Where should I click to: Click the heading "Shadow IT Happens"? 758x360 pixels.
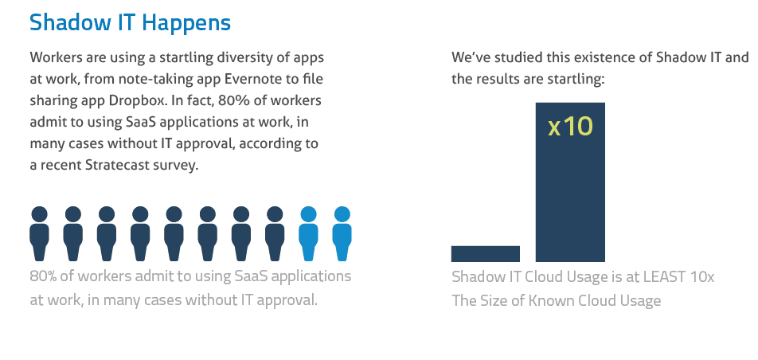130,22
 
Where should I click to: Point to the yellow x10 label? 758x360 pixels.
570,127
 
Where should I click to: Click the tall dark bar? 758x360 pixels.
570,182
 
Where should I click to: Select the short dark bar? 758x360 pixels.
486,253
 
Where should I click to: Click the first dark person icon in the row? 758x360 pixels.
39,233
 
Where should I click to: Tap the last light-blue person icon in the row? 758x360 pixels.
342,233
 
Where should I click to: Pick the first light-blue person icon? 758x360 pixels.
308,233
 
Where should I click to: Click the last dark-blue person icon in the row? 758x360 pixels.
275,233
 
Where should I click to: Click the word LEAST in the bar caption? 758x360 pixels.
664,277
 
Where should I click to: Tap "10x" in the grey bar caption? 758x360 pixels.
702,277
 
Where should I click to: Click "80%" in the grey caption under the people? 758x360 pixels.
43,276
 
